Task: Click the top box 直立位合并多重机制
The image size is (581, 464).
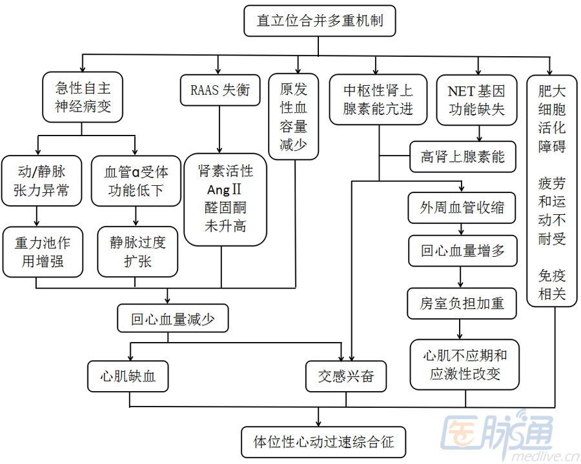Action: tap(320, 21)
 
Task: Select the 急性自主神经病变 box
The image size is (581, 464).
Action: tap(82, 97)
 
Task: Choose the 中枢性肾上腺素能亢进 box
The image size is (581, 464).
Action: tap(378, 99)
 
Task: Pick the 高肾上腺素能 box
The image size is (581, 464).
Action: tap(462, 156)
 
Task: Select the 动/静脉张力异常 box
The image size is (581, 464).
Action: tap(41, 181)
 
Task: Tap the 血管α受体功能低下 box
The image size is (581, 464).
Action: tap(136, 181)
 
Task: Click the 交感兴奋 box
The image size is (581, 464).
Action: tap(346, 376)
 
